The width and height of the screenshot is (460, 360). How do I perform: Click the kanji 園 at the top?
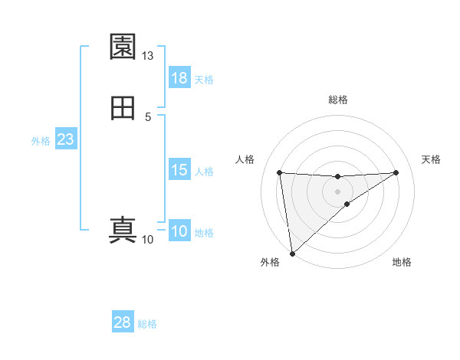[x=123, y=47]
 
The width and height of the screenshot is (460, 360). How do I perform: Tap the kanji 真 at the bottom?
[x=123, y=229]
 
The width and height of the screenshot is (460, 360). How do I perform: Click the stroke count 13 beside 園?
[x=148, y=56]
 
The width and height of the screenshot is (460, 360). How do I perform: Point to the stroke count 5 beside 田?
[x=148, y=116]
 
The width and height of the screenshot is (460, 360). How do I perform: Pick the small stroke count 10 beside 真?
[x=148, y=239]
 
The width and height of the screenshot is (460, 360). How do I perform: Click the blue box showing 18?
[x=179, y=78]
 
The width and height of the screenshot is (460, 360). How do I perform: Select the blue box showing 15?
[x=179, y=170]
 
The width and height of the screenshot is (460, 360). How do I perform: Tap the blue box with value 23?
[x=66, y=139]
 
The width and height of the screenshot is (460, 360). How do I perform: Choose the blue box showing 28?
[x=123, y=322]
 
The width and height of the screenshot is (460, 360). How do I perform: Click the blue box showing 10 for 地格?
[x=179, y=231]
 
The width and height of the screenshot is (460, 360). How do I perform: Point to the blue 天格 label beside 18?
[x=204, y=80]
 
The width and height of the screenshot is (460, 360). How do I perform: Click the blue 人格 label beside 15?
[x=204, y=172]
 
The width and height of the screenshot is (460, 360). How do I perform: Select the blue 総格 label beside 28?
[x=147, y=324]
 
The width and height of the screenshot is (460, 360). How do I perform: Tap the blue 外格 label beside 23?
[x=41, y=141]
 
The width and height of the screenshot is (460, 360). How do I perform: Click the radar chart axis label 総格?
[x=338, y=100]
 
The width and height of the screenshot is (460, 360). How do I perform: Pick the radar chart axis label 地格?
[x=402, y=262]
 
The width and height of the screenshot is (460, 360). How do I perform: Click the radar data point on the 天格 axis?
[x=396, y=172]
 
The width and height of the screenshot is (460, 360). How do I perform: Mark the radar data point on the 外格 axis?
[x=292, y=253]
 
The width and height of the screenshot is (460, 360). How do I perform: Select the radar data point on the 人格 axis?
[x=280, y=172]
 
